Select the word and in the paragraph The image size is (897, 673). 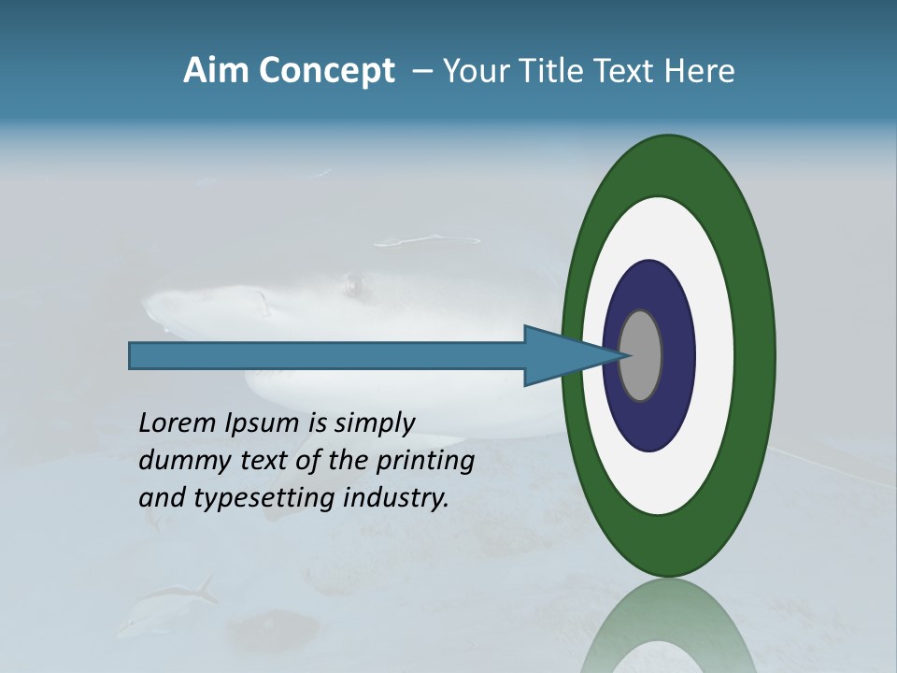pos(160,498)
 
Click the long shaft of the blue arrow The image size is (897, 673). pos(327,355)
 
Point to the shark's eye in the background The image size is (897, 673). pos(351,282)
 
